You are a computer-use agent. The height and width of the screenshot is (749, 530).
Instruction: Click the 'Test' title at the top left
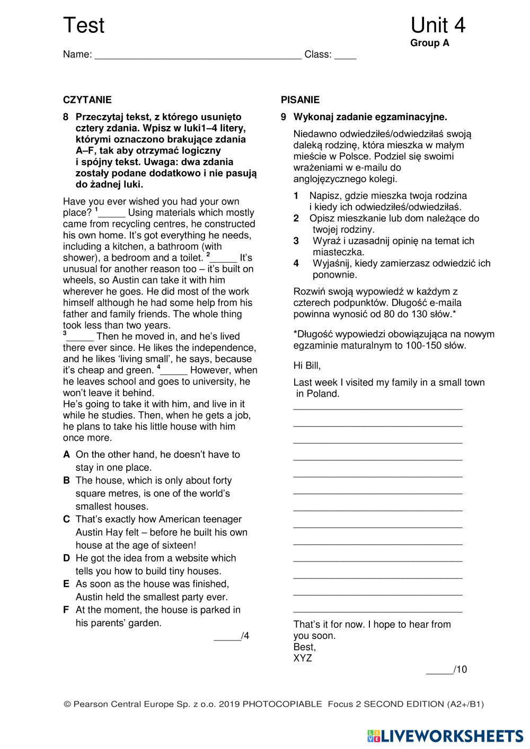click(84, 25)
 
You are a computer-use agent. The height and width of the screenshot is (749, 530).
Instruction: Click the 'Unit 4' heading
click(437, 25)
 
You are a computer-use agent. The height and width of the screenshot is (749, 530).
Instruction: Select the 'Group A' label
click(429, 43)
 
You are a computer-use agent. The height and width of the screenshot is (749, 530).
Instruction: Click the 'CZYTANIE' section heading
click(87, 100)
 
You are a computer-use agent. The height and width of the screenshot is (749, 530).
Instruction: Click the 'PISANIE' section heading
click(300, 100)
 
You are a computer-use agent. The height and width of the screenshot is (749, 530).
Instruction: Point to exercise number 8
click(66, 117)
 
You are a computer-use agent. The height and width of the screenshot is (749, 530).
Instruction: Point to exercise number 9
click(284, 117)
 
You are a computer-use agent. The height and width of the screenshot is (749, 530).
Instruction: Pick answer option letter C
click(66, 519)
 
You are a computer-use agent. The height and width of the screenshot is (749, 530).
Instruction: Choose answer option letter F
click(66, 610)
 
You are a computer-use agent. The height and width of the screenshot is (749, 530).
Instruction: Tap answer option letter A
click(66, 454)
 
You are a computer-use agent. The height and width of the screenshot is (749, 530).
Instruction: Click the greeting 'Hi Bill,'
click(307, 365)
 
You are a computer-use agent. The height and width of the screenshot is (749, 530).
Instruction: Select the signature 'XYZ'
click(303, 658)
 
